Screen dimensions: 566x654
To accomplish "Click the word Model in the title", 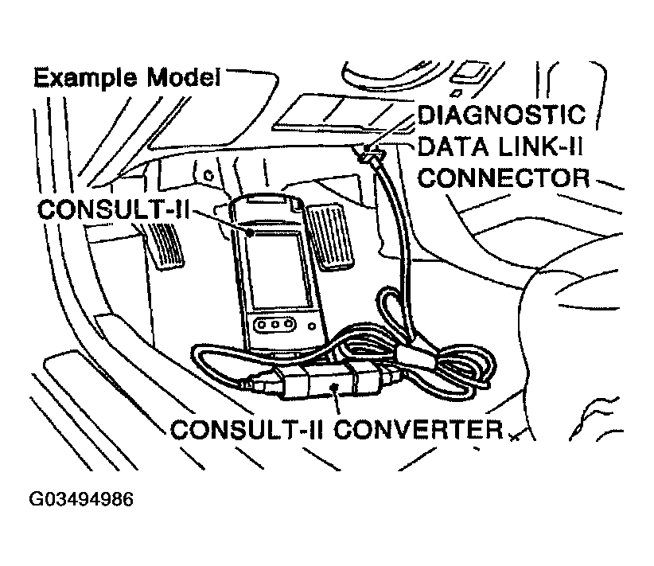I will (181, 79).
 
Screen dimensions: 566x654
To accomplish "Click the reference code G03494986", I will (80, 501).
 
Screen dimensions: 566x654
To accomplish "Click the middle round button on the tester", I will (275, 326).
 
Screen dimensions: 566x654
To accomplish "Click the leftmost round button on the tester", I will (263, 326).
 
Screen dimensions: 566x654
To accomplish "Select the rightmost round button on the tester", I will (288, 326).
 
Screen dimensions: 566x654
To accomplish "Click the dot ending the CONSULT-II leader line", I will (251, 233).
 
